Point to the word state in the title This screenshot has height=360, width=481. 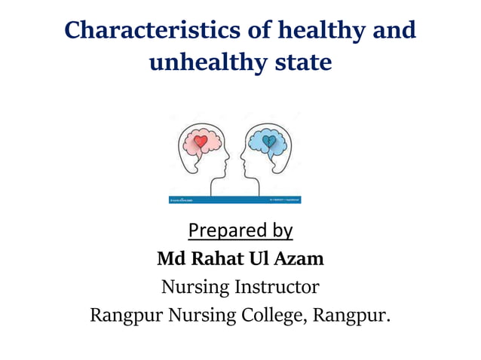(299, 62)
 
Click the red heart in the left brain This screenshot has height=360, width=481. (200, 140)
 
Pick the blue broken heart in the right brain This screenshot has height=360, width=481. (268, 140)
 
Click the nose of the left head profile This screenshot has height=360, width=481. (227, 160)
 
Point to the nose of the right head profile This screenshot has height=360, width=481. (241, 160)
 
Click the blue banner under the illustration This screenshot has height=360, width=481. (234, 200)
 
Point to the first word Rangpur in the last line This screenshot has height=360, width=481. (121, 315)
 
